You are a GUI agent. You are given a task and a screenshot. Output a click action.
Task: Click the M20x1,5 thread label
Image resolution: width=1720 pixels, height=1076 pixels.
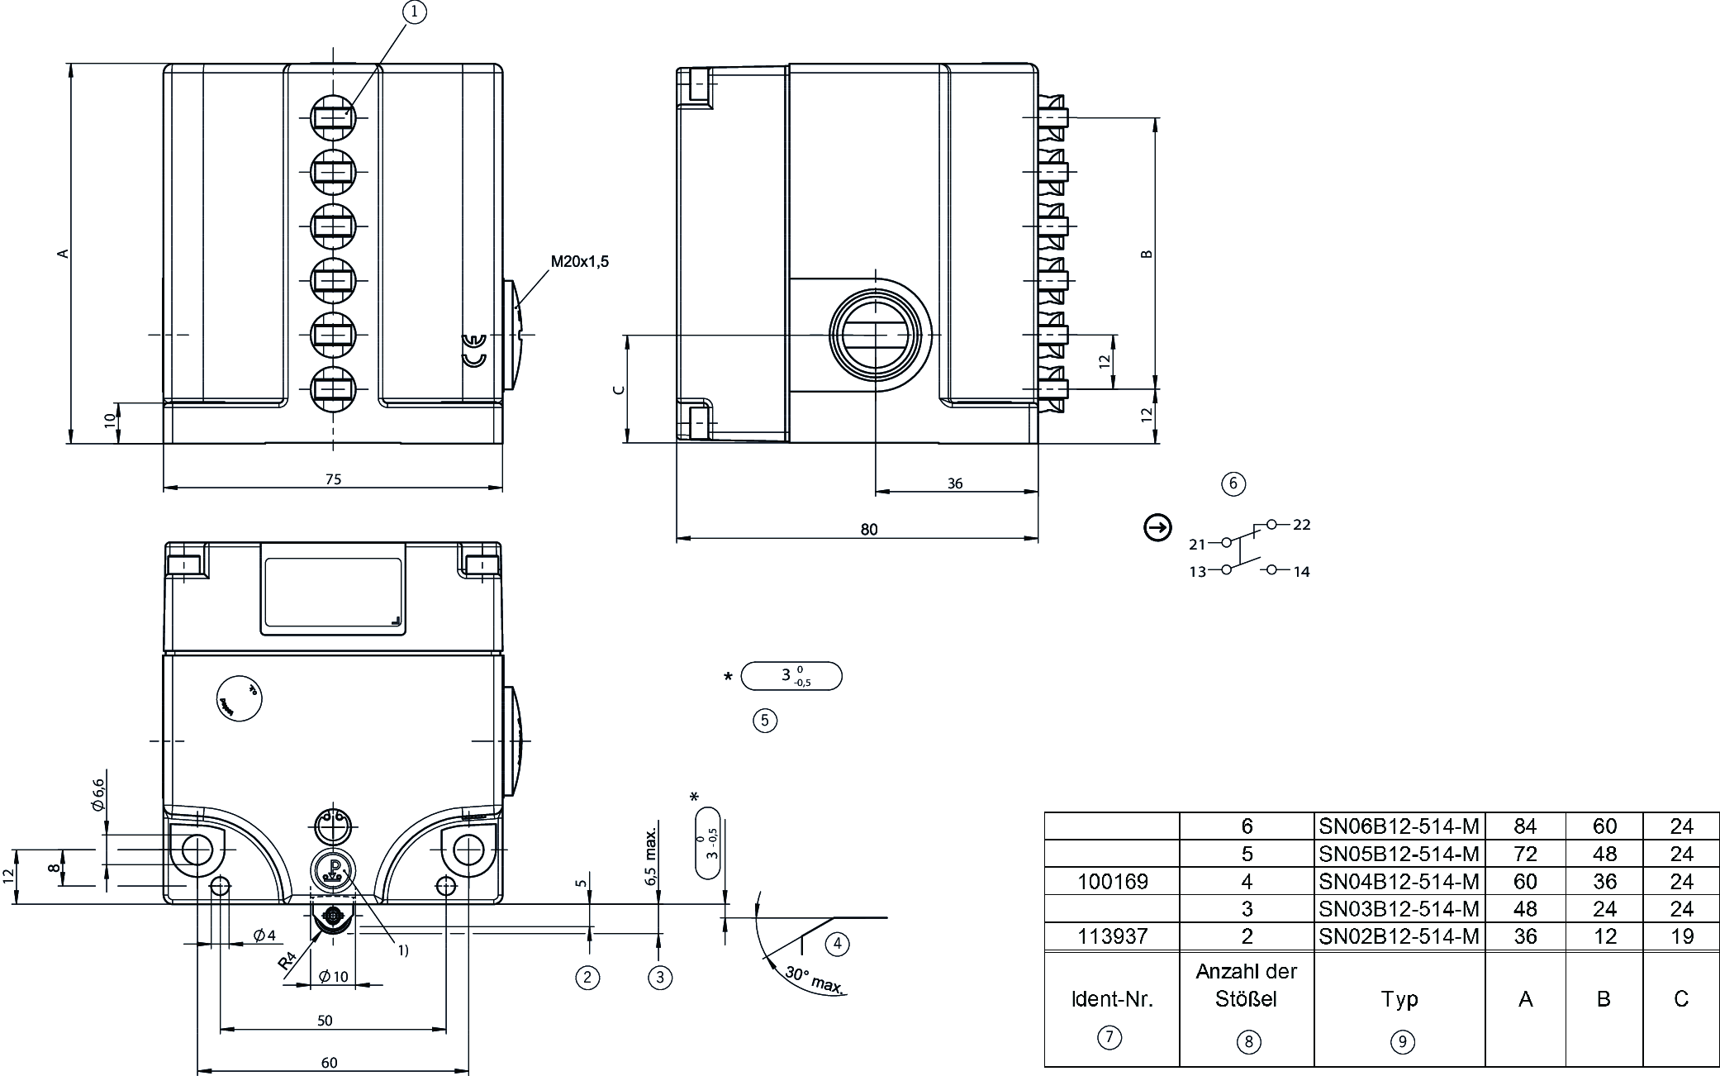pos(579,262)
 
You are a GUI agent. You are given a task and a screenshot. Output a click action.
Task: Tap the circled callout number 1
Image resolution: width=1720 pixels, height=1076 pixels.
pos(416,12)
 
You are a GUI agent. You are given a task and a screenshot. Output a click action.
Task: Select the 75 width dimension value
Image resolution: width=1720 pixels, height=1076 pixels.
pos(333,479)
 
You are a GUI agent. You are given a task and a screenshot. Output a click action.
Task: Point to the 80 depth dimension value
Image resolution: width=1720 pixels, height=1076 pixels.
pos(868,530)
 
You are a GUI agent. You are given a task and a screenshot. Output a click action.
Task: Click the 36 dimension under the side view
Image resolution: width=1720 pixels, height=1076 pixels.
pos(955,483)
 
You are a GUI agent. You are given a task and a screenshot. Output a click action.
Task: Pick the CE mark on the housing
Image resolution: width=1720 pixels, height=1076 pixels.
pos(473,350)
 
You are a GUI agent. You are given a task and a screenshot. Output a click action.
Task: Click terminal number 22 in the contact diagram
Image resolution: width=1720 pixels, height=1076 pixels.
pos(1302,525)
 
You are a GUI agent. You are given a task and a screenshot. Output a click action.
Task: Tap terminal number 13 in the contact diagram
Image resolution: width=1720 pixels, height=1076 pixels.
pos(1197,572)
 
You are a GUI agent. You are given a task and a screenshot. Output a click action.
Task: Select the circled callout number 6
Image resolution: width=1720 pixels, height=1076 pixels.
pos(1233,483)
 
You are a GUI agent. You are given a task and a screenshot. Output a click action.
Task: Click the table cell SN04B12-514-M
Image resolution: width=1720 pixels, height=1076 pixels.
pos(1399,882)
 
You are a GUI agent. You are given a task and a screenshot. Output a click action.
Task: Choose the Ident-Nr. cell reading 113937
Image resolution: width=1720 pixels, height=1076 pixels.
pos(1112,936)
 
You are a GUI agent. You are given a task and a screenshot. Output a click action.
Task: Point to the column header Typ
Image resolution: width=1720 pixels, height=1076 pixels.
pos(1399,1000)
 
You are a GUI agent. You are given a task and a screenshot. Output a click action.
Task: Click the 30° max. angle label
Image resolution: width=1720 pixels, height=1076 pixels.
pos(813,980)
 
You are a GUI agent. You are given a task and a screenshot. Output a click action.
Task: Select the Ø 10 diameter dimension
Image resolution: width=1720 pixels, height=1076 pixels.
pos(334,977)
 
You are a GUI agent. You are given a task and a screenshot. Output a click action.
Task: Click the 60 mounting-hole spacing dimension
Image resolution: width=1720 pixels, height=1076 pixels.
pos(329,1063)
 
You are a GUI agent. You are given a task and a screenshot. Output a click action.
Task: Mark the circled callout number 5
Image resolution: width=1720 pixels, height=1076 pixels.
pos(764,721)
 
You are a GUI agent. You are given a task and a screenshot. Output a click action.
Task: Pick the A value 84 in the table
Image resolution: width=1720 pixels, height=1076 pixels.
pos(1524,826)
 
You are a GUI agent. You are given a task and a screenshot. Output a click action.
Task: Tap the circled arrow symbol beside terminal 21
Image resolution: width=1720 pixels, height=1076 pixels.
pos(1157,527)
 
